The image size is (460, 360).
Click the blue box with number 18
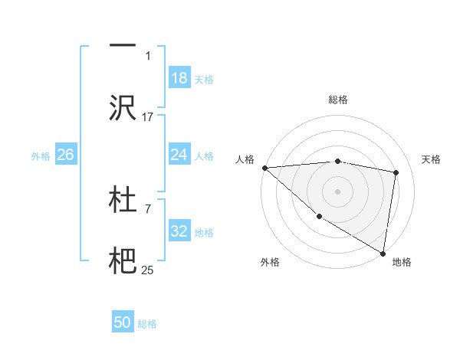tap(179, 78)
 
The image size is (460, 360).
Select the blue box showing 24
tap(179, 155)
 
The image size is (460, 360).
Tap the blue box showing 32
tap(179, 231)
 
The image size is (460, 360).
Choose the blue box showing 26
tap(65, 155)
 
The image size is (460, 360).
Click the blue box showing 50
tap(123, 322)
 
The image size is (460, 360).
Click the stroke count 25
tap(148, 270)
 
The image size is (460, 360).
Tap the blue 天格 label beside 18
tap(204, 79)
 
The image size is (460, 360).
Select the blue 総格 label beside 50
tap(147, 323)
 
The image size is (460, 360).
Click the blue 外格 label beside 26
tap(41, 155)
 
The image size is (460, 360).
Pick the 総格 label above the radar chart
tap(338, 100)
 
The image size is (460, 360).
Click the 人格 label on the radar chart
tap(245, 159)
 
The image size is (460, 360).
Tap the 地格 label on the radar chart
tap(402, 262)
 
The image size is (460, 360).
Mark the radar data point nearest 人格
tap(264, 168)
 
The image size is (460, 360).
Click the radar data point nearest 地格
tap(383, 253)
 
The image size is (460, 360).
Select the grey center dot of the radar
tap(338, 191)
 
